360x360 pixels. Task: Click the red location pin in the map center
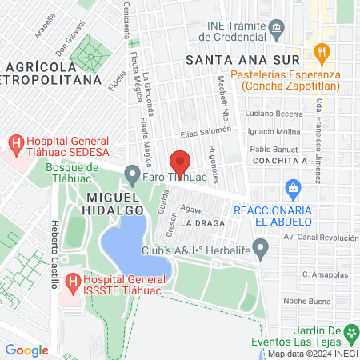click(181, 162)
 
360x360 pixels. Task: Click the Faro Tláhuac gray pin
click(134, 174)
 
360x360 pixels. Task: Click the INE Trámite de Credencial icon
click(276, 29)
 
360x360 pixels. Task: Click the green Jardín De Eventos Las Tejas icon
click(350, 331)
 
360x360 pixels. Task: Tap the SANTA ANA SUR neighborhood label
click(242, 60)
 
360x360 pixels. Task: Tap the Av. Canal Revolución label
click(321, 238)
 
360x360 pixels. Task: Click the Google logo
click(26, 350)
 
